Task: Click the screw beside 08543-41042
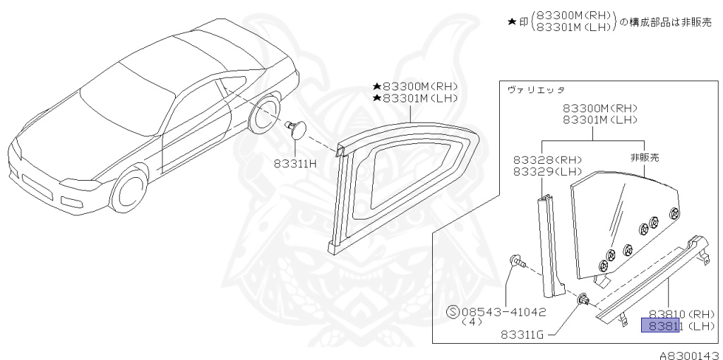coord(515,265)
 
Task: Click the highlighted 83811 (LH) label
coord(660,325)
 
